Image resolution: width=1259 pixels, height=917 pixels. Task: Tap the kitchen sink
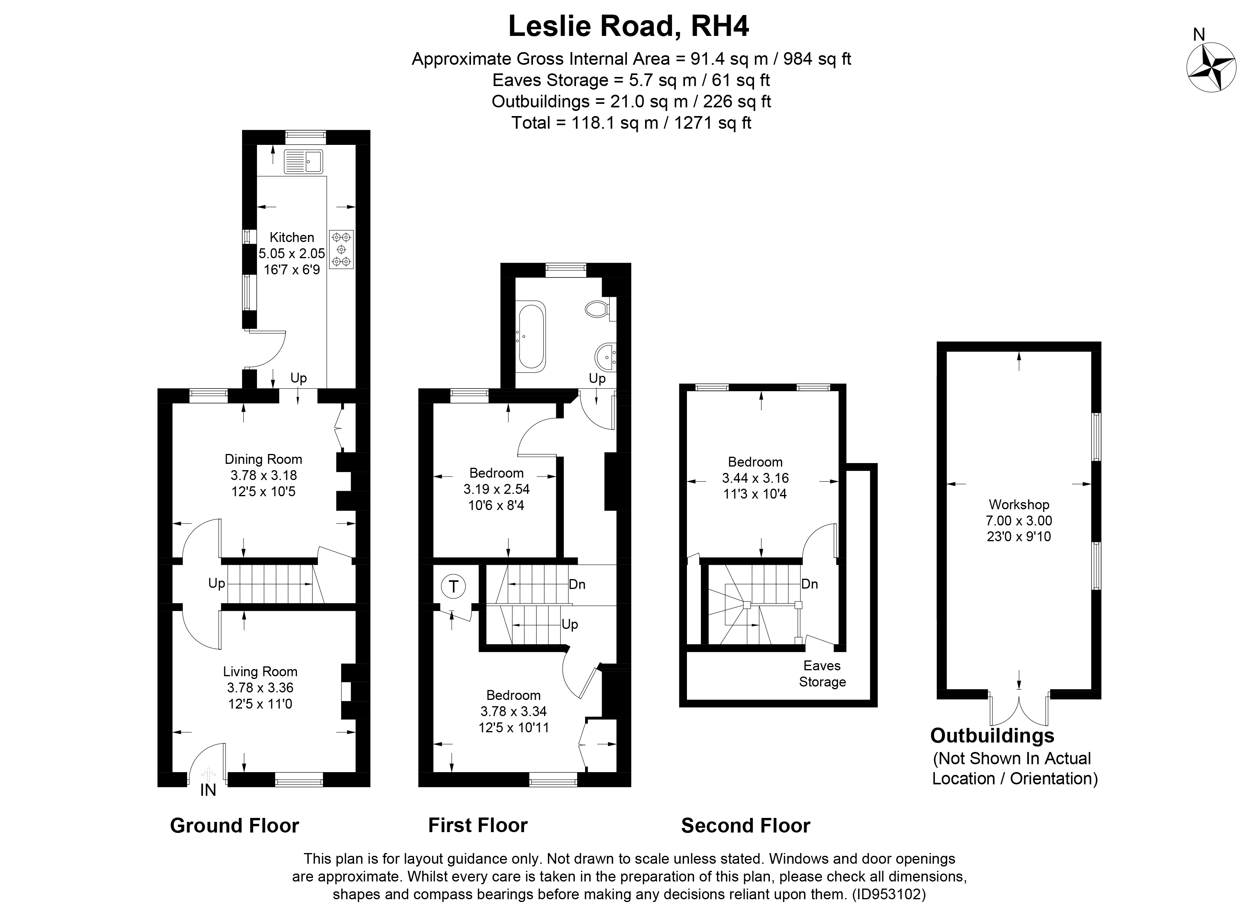pyautogui.click(x=303, y=161)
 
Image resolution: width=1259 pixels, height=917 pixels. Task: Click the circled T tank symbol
pyautogui.click(x=454, y=587)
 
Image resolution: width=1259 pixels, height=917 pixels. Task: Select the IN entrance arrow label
pyautogui.click(x=208, y=790)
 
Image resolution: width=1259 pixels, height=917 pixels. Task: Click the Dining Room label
pyautogui.click(x=263, y=459)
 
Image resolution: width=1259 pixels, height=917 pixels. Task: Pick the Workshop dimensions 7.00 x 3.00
pyautogui.click(x=1019, y=521)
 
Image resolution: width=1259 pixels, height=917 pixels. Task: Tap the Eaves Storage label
pyautogui.click(x=822, y=673)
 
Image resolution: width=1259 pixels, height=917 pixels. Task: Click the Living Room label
pyautogui.click(x=260, y=671)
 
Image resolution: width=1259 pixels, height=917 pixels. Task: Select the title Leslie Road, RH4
pyautogui.click(x=629, y=26)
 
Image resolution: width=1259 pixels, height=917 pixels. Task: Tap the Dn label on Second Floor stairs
pyautogui.click(x=809, y=584)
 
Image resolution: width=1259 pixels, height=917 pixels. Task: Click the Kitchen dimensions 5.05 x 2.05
pyautogui.click(x=292, y=254)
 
